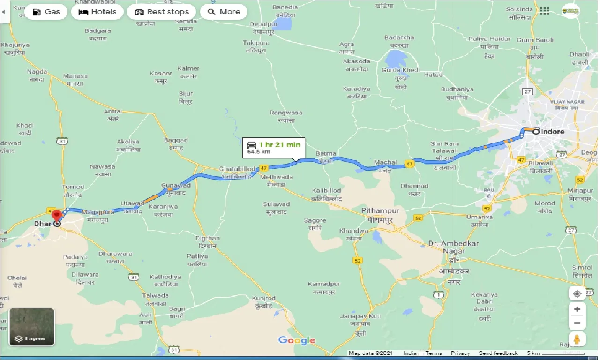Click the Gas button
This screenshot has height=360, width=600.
[x=46, y=12]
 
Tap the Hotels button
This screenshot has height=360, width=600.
[x=97, y=12]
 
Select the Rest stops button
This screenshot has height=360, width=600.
[x=161, y=12]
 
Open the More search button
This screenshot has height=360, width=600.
[x=224, y=12]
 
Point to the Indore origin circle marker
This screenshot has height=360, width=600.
[x=535, y=132]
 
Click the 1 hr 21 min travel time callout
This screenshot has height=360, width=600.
[x=274, y=148]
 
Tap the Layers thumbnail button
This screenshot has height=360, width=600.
[x=32, y=327]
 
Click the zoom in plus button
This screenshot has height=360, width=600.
[x=577, y=309]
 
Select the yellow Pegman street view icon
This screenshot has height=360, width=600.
[x=577, y=339]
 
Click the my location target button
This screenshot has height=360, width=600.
[x=577, y=293]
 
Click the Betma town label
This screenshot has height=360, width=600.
[x=326, y=154]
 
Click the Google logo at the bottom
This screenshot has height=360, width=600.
[x=297, y=340]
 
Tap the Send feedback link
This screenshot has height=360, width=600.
[x=498, y=353]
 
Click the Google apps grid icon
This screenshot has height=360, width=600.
[x=544, y=10]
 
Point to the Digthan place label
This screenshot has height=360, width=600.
[x=207, y=238]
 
